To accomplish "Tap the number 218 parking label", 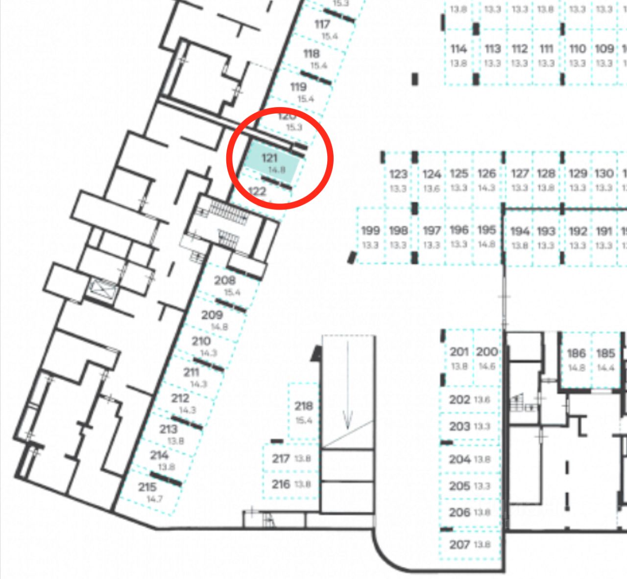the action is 304,406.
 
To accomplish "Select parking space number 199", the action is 370,230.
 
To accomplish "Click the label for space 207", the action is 459,544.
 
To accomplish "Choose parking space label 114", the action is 458,49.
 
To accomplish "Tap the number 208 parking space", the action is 225,280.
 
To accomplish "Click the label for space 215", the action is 147,487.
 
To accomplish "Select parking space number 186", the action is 577,353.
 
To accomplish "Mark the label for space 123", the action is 398,174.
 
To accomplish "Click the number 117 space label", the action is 322,24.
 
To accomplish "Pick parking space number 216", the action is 281,484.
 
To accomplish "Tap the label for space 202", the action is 459,399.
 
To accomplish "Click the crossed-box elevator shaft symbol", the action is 102,288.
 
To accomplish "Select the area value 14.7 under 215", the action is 154,499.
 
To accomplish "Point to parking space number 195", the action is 486,230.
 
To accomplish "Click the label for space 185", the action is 605,353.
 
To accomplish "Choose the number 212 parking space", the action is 180,398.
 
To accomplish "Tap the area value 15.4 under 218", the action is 304,420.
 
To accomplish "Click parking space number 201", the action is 459,352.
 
